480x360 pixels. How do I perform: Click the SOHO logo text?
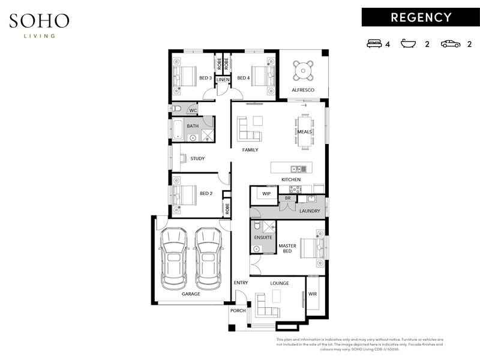(39, 21)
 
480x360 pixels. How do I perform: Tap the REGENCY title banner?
(421, 17)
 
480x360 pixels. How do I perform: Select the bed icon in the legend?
(375, 44)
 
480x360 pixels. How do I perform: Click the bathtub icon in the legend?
(409, 44)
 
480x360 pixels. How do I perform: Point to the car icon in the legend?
(449, 44)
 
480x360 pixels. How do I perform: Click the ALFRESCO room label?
(303, 90)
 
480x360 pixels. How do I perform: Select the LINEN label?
(223, 79)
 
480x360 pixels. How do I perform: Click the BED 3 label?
(205, 78)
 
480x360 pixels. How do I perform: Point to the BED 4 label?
(243, 78)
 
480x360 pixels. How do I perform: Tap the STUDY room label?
(197, 159)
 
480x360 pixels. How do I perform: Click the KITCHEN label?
(291, 180)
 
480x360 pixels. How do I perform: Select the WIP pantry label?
(266, 194)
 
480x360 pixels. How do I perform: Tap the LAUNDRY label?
(310, 211)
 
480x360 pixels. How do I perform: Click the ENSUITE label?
(263, 238)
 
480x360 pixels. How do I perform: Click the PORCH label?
(238, 311)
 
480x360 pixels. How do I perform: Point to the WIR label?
(313, 295)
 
